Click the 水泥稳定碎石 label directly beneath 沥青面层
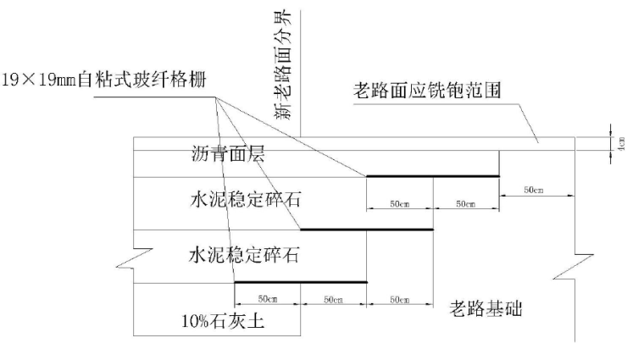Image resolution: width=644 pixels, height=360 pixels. coord(247,201)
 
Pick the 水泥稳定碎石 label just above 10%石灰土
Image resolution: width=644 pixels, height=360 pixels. coord(247,252)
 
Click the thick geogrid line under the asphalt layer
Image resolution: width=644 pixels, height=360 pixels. coord(432,176)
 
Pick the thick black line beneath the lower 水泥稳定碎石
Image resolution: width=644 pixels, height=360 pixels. coord(300,282)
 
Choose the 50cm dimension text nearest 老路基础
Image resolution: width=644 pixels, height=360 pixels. coord(399,300)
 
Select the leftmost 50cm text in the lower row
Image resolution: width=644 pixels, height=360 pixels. coord(267,300)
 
